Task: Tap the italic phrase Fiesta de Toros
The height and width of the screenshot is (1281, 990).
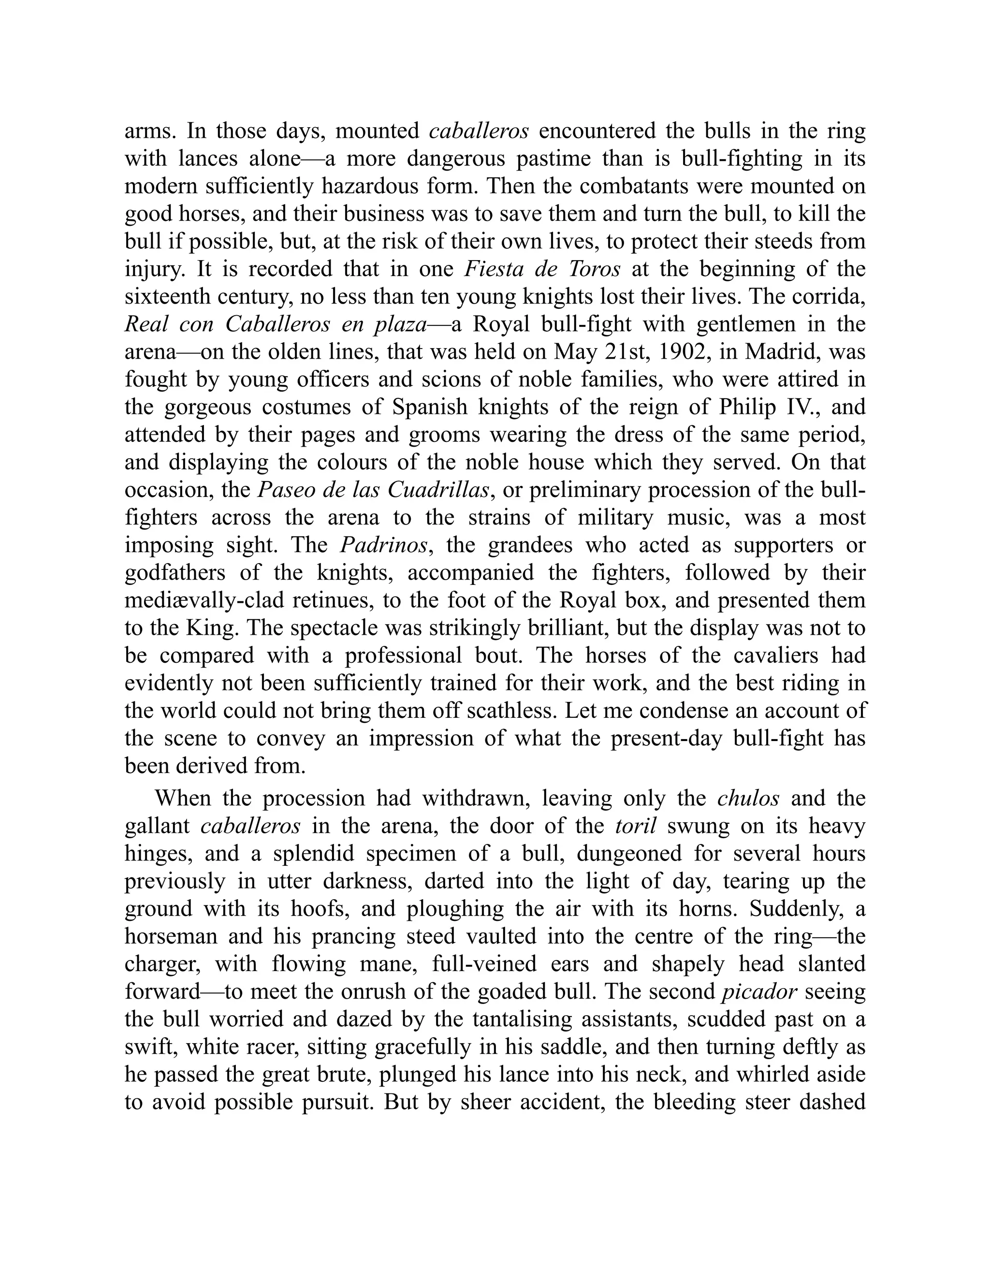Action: [x=542, y=269]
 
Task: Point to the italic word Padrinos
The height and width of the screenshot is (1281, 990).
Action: [x=383, y=545]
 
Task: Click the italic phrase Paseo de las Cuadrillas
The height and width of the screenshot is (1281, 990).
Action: [x=373, y=490]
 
